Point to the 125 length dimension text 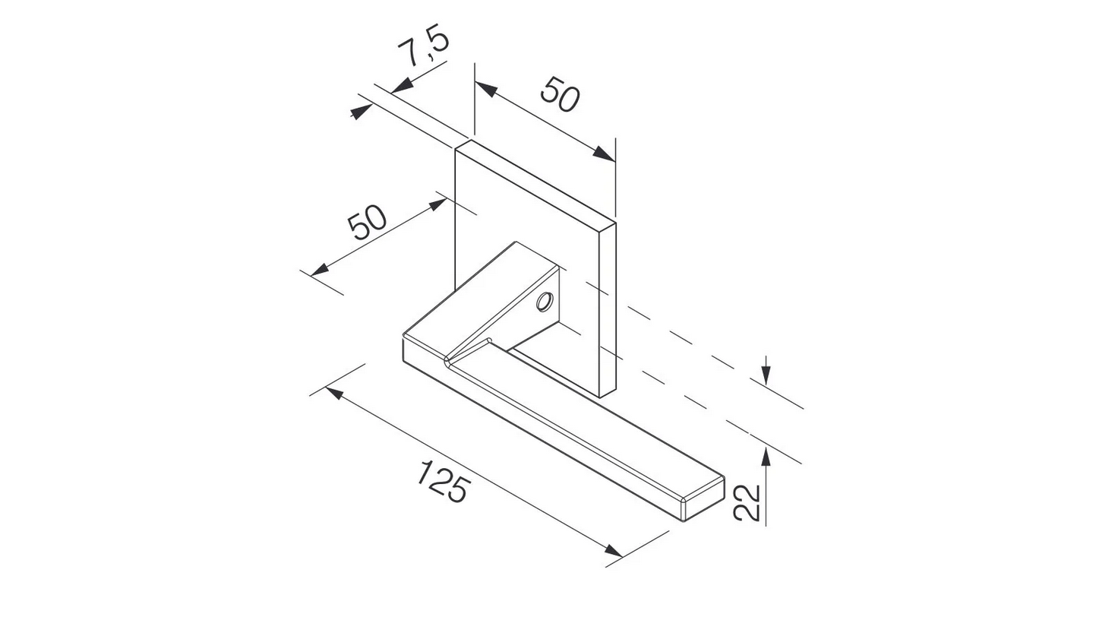(x=441, y=483)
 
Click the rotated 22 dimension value (x=747, y=502)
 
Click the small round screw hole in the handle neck (x=544, y=302)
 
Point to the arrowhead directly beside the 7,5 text (x=403, y=86)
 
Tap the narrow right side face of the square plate (x=608, y=312)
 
